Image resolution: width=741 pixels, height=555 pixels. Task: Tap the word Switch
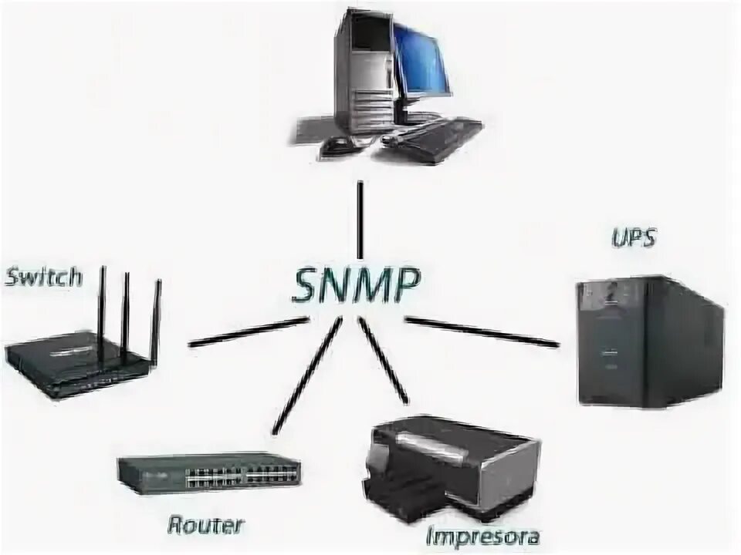[x=43, y=277]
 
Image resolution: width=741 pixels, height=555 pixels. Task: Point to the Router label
[x=205, y=526]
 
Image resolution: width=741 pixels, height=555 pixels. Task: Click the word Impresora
[x=482, y=535]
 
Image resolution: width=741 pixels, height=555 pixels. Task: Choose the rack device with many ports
[x=208, y=472]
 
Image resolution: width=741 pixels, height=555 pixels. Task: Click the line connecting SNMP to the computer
[x=360, y=219]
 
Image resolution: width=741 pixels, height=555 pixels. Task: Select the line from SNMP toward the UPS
[x=482, y=331]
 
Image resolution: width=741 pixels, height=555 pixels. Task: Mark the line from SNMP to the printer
[x=384, y=361]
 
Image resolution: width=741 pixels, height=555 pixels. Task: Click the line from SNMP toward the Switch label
[x=249, y=331]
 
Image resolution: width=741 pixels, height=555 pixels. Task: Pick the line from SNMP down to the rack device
[x=306, y=376]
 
